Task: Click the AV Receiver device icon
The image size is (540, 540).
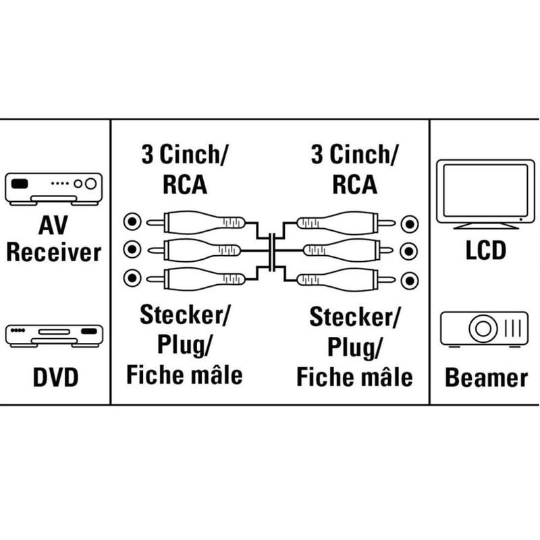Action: click(x=54, y=189)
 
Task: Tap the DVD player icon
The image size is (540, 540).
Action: click(x=54, y=335)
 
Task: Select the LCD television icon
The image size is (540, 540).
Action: click(x=485, y=194)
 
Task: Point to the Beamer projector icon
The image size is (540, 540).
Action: click(x=484, y=329)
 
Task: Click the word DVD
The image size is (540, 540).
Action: click(x=55, y=378)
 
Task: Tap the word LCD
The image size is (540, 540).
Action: click(x=485, y=250)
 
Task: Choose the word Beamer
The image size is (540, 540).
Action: click(x=486, y=378)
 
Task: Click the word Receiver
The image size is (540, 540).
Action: click(x=54, y=252)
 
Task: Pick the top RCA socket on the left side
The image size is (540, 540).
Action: click(x=132, y=222)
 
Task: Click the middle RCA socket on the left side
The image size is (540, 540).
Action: click(x=132, y=249)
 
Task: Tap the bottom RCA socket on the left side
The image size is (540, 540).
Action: click(x=132, y=278)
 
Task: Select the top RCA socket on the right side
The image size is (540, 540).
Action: click(x=410, y=224)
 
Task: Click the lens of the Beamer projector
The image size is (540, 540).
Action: click(x=483, y=329)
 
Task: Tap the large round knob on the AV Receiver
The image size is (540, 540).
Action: click(x=90, y=184)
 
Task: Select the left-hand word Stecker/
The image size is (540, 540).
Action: click(x=184, y=315)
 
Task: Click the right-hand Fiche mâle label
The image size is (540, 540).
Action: click(x=354, y=377)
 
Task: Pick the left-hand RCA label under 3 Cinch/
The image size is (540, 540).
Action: click(x=185, y=184)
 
